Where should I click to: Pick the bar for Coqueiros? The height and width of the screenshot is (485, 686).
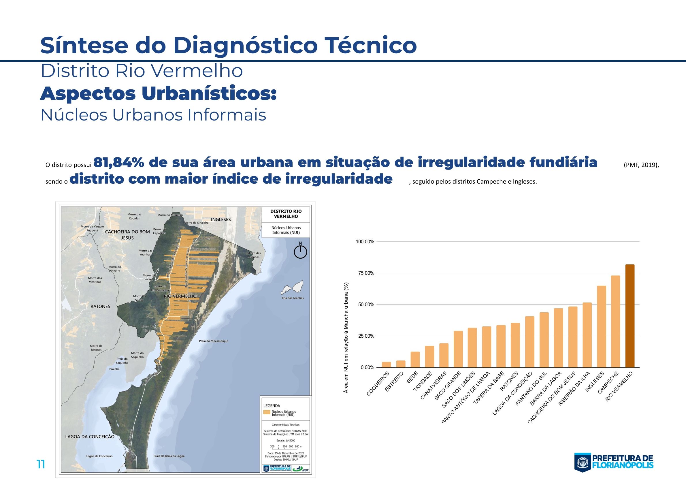pos(386,364)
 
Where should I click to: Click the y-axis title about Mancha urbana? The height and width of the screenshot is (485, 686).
pos(346,338)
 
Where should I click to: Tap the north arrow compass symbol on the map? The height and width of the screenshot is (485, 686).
pos(300,252)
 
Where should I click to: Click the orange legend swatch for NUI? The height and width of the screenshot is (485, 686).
pos(267,412)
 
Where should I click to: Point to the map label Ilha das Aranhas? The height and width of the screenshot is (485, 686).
pos(293,298)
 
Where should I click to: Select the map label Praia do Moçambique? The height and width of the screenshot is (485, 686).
pos(213,341)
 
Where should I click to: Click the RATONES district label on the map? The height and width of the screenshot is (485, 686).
pos(100,306)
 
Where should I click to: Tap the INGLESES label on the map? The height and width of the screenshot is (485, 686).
pos(221,219)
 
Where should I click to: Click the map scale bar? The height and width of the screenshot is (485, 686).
pos(286,446)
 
